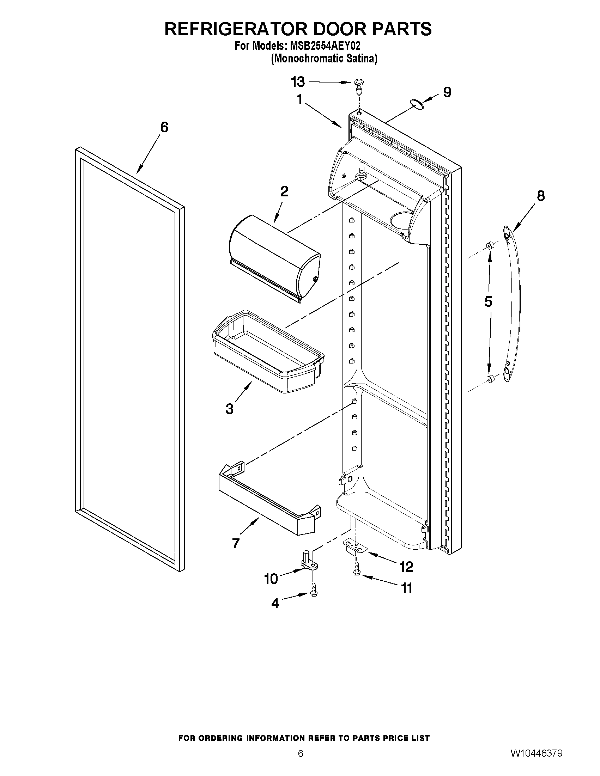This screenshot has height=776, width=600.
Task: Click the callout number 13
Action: click(298, 82)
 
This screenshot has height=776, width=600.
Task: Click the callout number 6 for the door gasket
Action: click(164, 127)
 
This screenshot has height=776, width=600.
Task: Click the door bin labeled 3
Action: click(268, 352)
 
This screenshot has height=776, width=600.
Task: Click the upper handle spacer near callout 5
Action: click(490, 245)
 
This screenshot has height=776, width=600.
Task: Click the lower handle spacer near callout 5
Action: click(490, 379)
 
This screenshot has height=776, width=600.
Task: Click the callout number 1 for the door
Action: click(299, 99)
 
